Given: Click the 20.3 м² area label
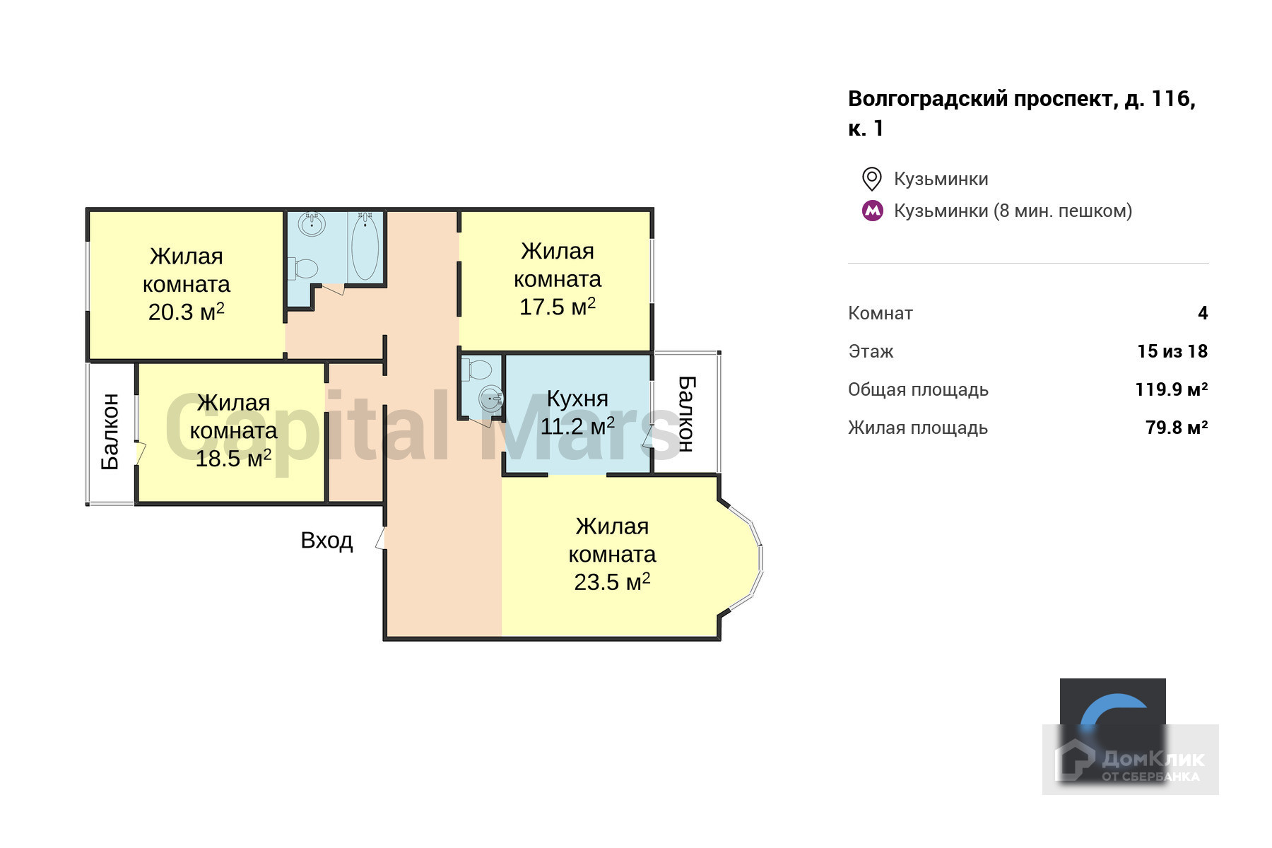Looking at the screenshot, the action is (186, 312).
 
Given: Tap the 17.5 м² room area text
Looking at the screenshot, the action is (557, 307).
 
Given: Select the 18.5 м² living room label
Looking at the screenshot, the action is (233, 459).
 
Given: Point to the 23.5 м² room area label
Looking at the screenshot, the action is (612, 582).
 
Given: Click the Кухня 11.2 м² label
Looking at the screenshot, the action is (577, 413).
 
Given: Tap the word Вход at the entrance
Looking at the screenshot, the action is (326, 541).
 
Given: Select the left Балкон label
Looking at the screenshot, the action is (110, 432).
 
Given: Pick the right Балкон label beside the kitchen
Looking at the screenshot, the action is (686, 413).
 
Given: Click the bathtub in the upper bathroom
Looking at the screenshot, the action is (365, 247).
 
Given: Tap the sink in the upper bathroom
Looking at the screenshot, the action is (312, 225).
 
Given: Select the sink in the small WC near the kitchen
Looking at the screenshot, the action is (491, 399).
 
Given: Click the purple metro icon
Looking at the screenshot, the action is (873, 211).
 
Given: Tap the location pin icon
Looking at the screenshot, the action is (872, 179).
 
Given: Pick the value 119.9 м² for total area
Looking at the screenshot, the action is (1171, 389).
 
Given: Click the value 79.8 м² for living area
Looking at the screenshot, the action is (1176, 428).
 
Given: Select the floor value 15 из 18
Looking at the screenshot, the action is (1172, 351).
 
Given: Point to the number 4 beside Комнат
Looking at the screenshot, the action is (1203, 313).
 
